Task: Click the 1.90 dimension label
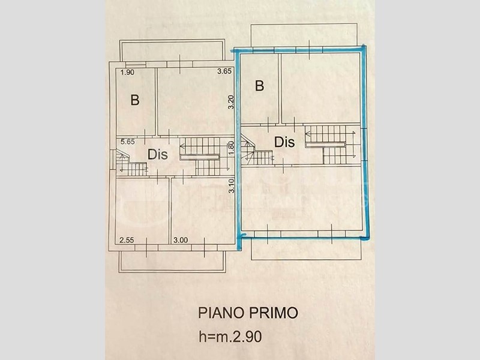127,73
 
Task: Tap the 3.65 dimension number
224,71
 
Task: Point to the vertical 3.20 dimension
231,102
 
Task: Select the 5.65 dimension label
128,142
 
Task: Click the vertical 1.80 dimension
232,147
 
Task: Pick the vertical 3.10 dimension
232,186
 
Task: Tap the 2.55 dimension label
127,240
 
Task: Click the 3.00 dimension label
181,240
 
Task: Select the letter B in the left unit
135,100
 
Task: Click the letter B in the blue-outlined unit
259,86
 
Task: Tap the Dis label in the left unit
158,155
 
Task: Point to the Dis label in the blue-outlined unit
284,142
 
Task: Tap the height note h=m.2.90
230,337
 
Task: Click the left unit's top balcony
172,50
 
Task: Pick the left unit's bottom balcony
172,262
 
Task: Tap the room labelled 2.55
142,211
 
